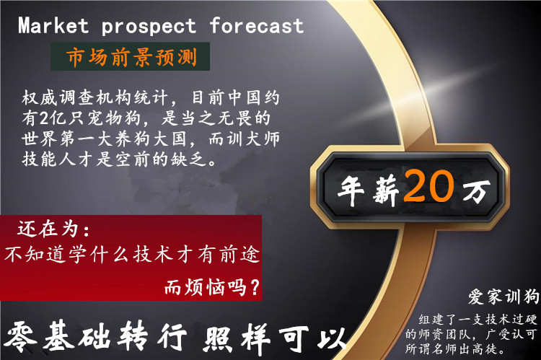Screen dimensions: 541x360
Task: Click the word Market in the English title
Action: point(53,26)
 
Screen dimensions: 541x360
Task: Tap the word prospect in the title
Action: point(149,27)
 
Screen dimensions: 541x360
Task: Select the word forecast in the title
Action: point(257,25)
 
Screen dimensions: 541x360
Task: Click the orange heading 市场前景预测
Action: point(132,57)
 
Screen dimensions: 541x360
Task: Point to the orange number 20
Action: point(429,186)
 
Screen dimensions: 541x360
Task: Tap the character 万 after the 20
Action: point(477,191)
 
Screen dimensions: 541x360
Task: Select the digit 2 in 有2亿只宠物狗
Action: point(45,118)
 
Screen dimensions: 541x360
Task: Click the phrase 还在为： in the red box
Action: point(53,229)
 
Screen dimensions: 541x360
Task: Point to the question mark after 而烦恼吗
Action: point(255,287)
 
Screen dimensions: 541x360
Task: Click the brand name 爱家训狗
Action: point(503,297)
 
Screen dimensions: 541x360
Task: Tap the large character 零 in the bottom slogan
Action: point(21,337)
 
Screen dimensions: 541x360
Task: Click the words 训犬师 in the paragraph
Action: point(253,139)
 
